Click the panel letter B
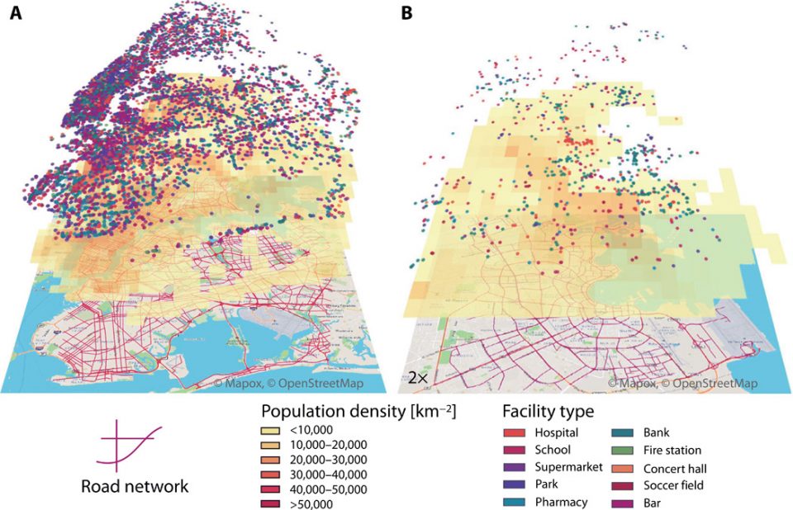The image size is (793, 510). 406,13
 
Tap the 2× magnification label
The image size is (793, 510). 417,378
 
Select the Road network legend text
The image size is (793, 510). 135,486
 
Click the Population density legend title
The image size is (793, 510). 359,410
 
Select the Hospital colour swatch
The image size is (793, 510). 514,432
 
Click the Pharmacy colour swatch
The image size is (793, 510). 514,502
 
